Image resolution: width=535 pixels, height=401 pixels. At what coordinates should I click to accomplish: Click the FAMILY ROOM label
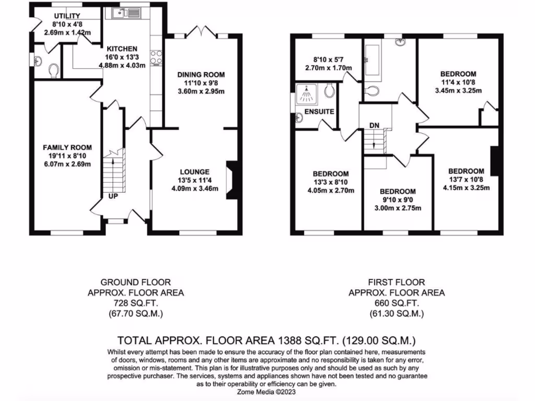(x=64, y=147)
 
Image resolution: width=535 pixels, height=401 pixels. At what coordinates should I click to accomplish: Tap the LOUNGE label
(x=195, y=171)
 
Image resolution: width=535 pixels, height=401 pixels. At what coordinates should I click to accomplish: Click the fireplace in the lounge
(x=230, y=180)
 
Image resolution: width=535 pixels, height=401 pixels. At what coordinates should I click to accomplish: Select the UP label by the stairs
(x=112, y=196)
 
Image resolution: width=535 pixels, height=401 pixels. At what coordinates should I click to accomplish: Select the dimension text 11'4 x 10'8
(x=458, y=82)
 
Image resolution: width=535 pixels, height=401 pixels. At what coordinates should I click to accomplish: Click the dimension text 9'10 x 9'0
(x=398, y=200)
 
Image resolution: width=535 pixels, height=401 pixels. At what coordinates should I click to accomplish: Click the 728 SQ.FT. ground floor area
(x=135, y=303)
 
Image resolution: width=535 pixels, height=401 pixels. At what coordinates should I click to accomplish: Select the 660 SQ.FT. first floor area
(x=397, y=303)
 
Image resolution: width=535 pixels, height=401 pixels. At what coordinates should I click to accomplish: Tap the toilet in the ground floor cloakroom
(x=52, y=70)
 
